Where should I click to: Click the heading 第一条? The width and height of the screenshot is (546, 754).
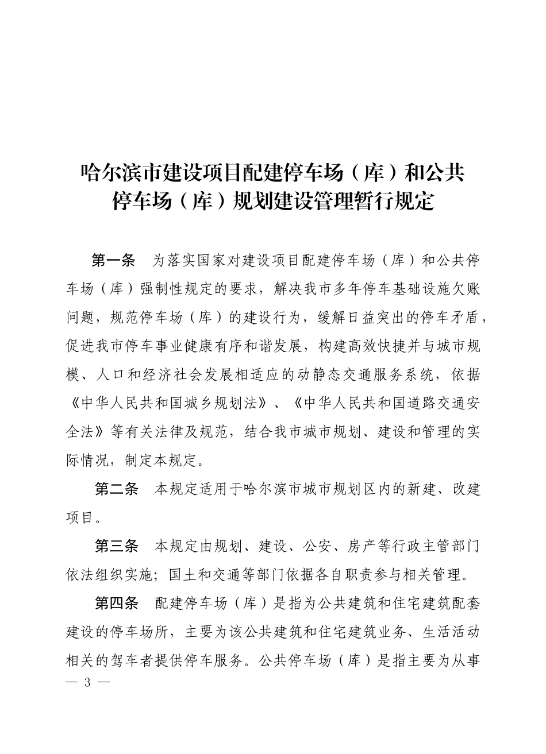(113, 261)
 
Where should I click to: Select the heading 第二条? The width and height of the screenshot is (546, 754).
(117, 489)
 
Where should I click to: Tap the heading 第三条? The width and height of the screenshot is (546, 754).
(117, 546)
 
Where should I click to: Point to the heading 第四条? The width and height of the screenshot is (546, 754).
(117, 604)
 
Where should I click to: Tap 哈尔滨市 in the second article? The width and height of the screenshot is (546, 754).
(282, 489)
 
